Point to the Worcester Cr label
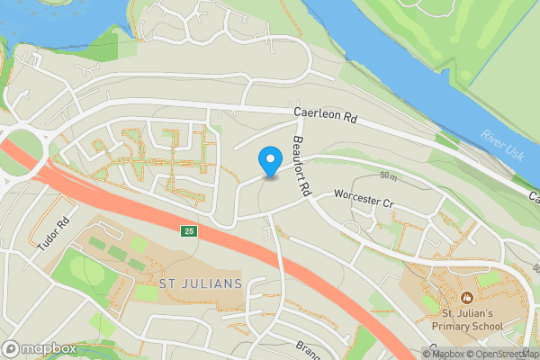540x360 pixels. coord(364,199)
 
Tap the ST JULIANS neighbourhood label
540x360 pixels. coord(200,284)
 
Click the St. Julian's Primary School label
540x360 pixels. coord(466,319)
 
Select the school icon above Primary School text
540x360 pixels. coord(466,297)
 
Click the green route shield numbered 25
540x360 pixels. coord(187,231)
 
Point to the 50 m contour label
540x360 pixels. coord(389,175)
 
